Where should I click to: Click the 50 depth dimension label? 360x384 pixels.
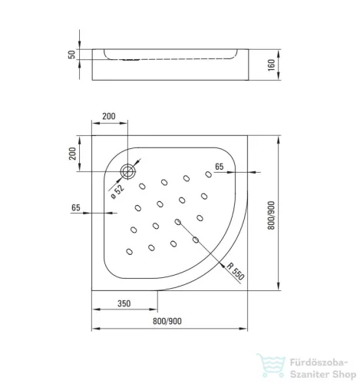click(72, 55)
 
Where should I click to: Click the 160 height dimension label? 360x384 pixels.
click(271, 65)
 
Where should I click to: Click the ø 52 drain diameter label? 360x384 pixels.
click(117, 191)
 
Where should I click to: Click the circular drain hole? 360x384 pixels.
click(128, 172)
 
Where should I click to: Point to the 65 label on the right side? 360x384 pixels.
click(220, 167)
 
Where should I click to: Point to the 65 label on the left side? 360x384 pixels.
click(76, 207)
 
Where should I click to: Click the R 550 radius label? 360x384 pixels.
click(236, 271)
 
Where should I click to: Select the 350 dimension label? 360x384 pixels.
click(124, 303)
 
